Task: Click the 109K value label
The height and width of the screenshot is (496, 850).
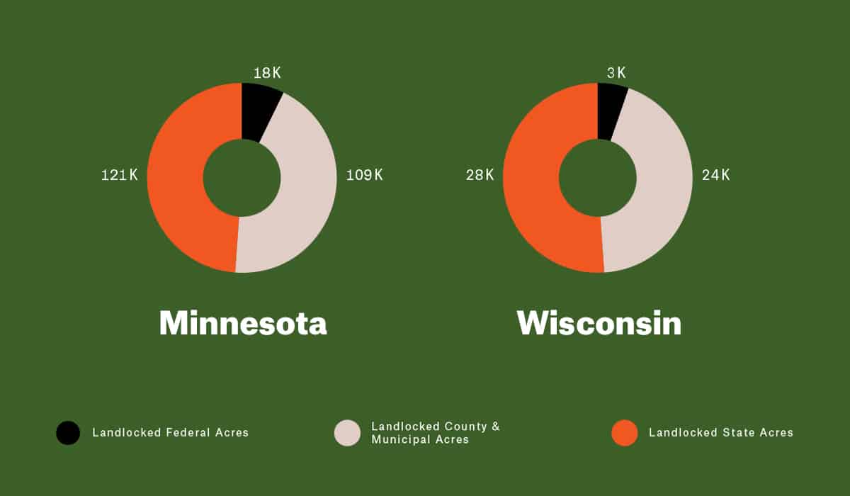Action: [x=364, y=175]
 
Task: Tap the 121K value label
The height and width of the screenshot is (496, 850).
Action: [x=119, y=175]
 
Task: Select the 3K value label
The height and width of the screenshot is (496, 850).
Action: [x=616, y=73]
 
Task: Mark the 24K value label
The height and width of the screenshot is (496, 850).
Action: [x=715, y=175]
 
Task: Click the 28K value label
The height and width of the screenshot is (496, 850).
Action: [x=480, y=175]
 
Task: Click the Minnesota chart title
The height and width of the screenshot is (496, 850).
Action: [x=243, y=323]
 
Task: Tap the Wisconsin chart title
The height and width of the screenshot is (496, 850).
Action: [x=599, y=323]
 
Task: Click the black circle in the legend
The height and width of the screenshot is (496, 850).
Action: [x=68, y=433]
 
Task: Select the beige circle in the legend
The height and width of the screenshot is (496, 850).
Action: [x=347, y=433]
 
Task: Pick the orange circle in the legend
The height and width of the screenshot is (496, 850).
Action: [x=625, y=433]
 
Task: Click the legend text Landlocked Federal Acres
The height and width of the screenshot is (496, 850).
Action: [x=171, y=432]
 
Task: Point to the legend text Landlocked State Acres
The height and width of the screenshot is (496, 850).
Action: [x=721, y=432]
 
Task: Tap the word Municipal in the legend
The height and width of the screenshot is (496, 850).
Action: [x=398, y=440]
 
